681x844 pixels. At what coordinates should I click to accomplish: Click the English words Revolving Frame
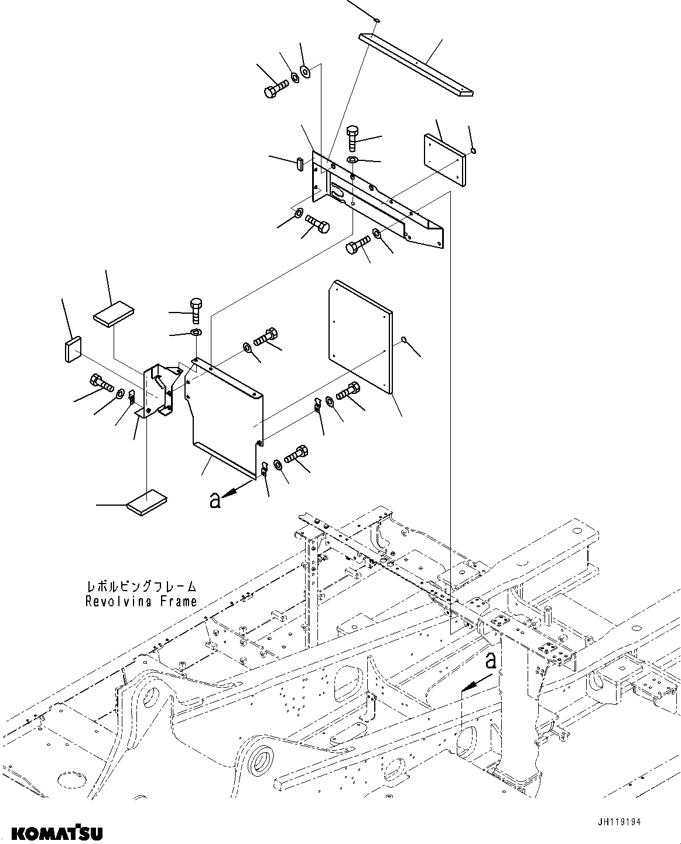(141, 601)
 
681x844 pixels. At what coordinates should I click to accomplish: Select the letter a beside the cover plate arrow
(215, 500)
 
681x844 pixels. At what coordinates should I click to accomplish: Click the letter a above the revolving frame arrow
(492, 660)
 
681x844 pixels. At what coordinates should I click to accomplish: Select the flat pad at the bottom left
(146, 503)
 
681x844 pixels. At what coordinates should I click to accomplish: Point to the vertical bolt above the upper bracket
(353, 138)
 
